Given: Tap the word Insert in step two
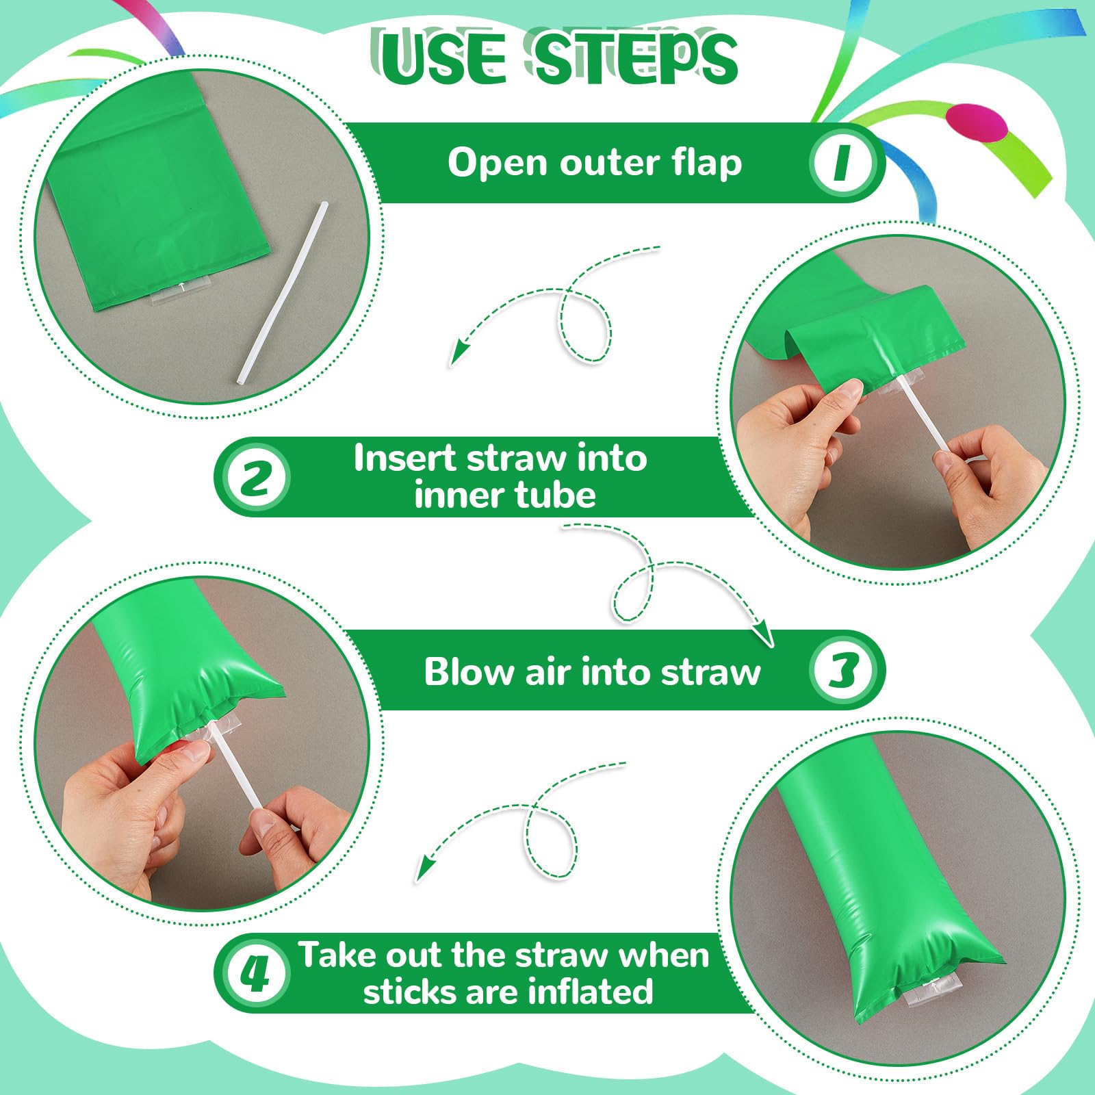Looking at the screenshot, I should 404,458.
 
